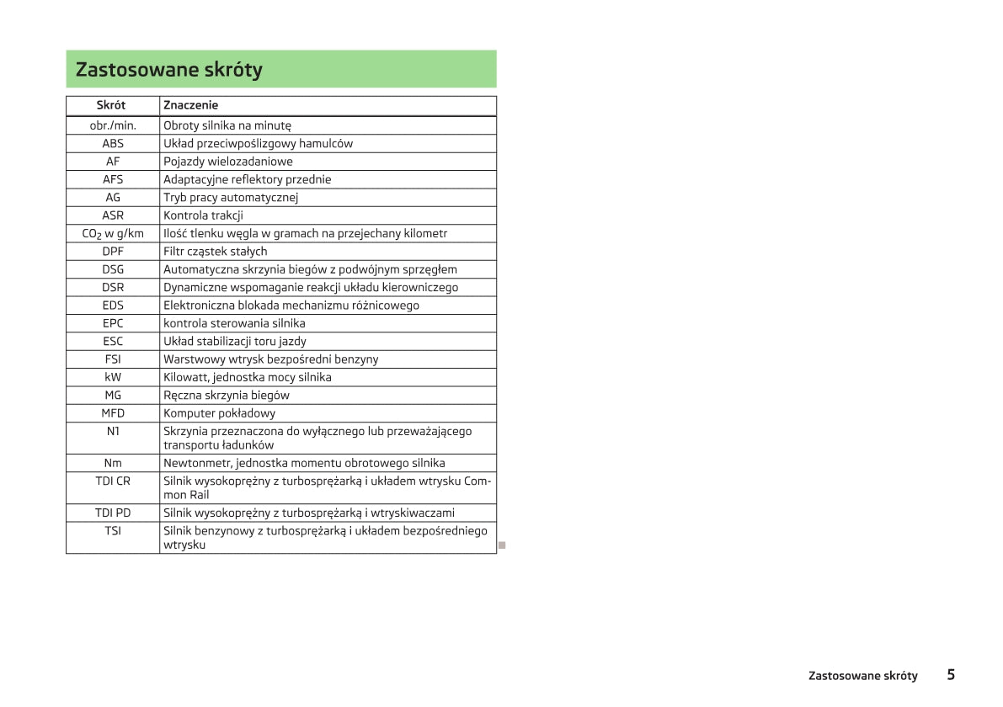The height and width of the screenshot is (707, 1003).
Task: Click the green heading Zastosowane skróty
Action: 169,70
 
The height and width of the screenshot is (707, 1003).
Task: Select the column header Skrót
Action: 112,105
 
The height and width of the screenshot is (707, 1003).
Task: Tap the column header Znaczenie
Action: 191,105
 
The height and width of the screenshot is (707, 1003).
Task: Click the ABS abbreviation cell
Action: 113,143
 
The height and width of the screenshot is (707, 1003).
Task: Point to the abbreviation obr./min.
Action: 113,125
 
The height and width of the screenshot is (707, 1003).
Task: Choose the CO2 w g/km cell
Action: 113,233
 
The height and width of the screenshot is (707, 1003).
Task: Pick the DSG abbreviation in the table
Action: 113,269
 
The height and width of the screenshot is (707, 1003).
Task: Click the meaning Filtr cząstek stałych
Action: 216,251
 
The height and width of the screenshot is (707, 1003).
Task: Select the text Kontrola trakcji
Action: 204,215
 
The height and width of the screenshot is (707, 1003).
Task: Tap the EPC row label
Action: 113,323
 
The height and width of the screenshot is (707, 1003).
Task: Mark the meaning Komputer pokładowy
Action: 220,413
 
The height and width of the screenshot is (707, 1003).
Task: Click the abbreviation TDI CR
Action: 113,481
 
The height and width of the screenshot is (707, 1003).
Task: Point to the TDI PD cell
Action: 113,513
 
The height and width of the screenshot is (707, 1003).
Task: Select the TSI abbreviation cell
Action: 113,531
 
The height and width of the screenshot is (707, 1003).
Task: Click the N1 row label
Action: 113,431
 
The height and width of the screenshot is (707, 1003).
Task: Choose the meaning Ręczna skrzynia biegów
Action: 227,395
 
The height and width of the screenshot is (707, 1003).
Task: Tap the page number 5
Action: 951,675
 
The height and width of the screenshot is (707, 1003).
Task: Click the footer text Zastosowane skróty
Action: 863,676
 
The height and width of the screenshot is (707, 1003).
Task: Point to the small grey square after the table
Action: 502,545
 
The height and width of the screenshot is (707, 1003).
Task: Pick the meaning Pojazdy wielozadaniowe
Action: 228,162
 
